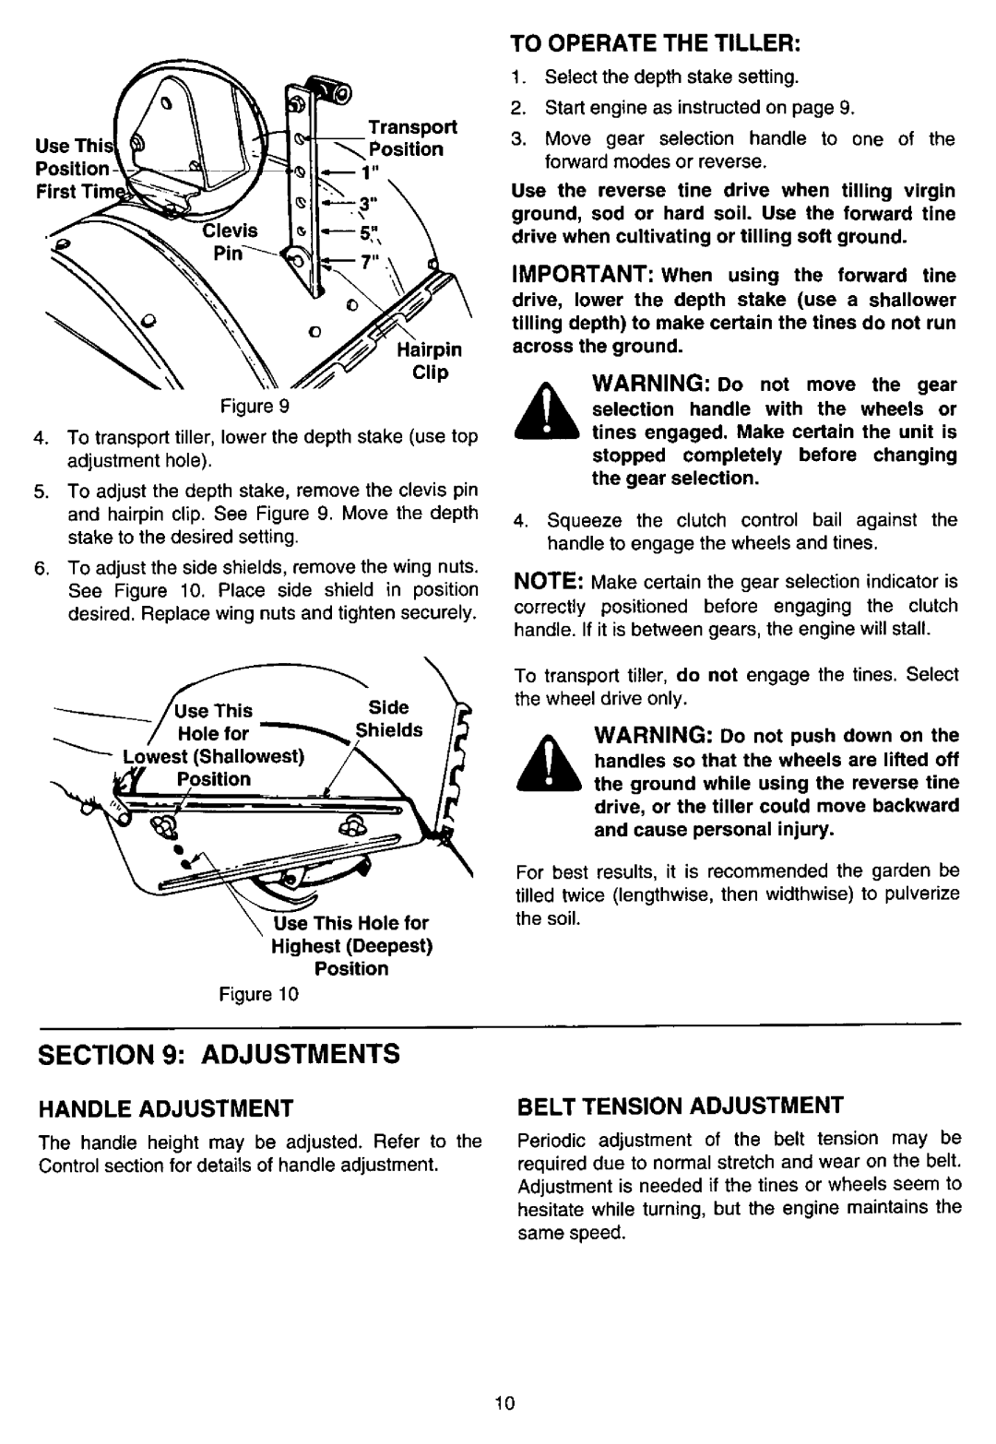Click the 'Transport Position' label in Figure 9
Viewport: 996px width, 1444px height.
point(412,138)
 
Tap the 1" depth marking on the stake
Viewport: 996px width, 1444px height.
point(369,172)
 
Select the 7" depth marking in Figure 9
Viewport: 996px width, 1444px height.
point(369,263)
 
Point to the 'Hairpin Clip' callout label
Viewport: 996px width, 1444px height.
point(430,361)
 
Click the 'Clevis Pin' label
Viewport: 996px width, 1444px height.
point(230,242)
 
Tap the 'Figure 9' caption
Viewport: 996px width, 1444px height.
point(255,406)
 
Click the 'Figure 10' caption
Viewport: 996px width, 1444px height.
point(258,994)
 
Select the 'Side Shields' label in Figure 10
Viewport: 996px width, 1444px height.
point(389,719)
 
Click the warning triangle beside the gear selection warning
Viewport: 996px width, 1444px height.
point(548,410)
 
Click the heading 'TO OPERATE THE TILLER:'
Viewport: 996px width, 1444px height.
point(656,43)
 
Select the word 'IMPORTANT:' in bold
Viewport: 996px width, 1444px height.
point(584,274)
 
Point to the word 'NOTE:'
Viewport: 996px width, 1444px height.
point(549,581)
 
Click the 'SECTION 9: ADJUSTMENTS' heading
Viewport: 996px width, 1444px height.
point(219,1055)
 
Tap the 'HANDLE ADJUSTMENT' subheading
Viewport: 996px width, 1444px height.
point(166,1108)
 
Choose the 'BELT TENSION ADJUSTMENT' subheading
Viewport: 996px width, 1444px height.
point(680,1106)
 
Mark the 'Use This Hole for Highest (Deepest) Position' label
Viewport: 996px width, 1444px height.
point(351,946)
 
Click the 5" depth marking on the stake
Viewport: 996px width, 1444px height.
point(369,232)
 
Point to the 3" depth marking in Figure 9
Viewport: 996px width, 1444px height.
point(368,203)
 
